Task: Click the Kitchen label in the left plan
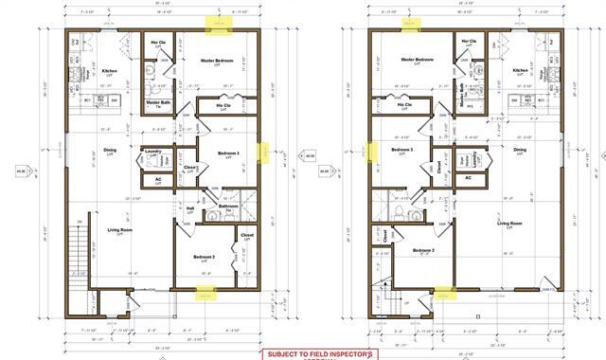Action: (x=109, y=70)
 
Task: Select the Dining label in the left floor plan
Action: (x=109, y=149)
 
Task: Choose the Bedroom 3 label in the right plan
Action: (x=401, y=150)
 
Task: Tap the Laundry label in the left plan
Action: (x=152, y=151)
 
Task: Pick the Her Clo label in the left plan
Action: (x=159, y=43)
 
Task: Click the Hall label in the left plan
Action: (x=189, y=208)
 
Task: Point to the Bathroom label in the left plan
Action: (x=227, y=207)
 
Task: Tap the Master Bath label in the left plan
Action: (x=157, y=103)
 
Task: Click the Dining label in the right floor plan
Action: (x=520, y=150)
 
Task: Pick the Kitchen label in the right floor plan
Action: (x=520, y=70)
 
